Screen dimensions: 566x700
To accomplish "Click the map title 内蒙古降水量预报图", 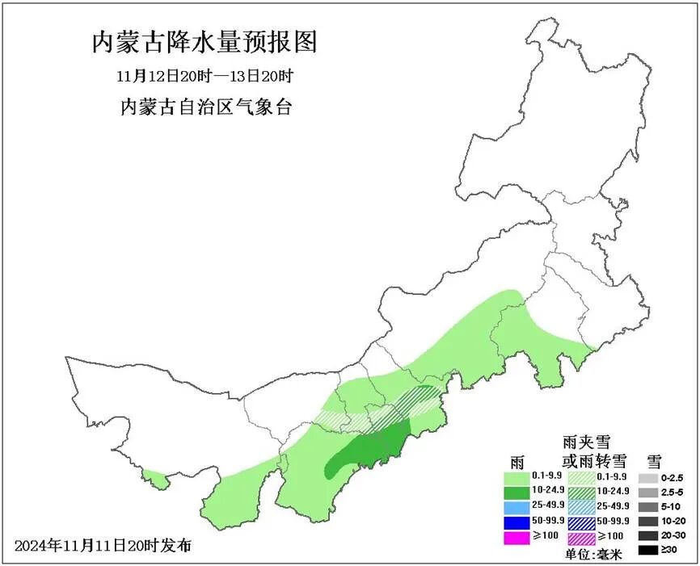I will [x=205, y=42].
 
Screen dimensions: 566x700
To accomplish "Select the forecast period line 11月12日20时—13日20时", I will [x=204, y=78].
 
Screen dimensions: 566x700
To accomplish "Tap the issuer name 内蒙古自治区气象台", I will [x=205, y=107].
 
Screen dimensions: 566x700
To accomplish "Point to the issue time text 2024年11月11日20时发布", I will [x=103, y=545].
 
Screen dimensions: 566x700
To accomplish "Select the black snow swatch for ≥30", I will [x=647, y=551].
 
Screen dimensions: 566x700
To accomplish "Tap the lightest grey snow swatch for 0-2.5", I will [x=647, y=477].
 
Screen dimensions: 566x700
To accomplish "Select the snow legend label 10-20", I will [x=675, y=522].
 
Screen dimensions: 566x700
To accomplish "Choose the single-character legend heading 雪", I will [x=654, y=461].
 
